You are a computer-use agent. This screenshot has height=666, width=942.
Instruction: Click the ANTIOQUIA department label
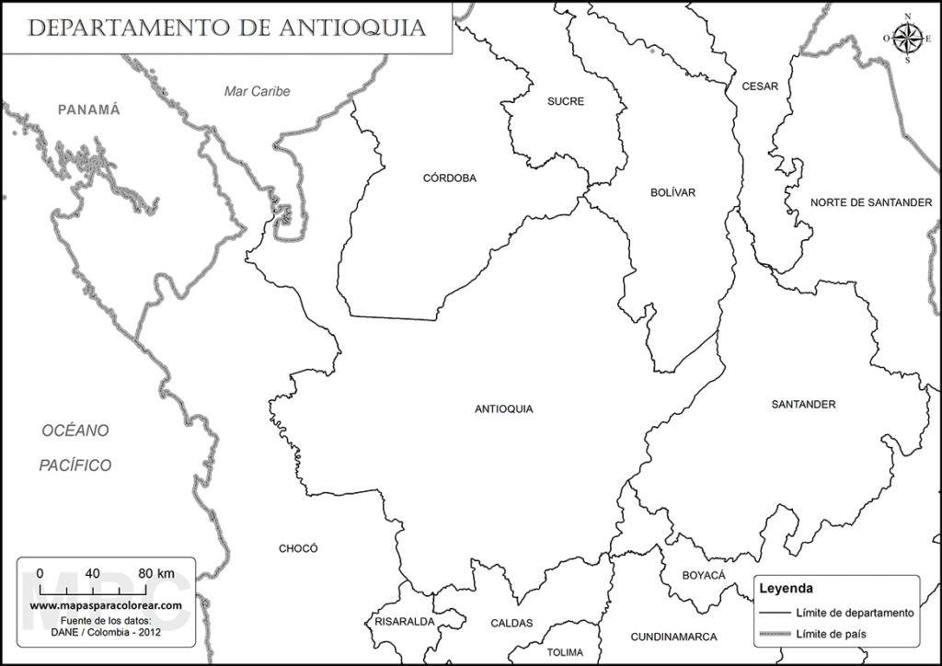[503, 409]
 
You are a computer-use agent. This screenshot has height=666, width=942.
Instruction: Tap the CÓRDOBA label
[450, 178]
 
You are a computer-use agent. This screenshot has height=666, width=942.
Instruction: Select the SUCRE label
[566, 101]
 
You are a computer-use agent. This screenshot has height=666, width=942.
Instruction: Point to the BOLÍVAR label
[672, 192]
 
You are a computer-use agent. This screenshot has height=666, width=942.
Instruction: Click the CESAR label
[760, 86]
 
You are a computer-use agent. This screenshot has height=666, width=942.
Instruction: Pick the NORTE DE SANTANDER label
[871, 201]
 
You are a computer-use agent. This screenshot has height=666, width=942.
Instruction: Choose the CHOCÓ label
[298, 548]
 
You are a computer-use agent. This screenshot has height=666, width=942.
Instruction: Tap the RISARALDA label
[405, 622]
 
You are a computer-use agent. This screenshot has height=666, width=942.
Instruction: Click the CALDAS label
[511, 623]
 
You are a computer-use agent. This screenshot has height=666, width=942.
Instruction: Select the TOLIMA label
[565, 652]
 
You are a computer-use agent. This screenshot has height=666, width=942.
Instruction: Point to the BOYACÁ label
[704, 575]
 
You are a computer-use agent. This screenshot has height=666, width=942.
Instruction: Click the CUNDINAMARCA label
[673, 637]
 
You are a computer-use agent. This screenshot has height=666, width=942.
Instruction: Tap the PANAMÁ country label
[89, 109]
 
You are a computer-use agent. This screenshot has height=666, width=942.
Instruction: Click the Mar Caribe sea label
[258, 91]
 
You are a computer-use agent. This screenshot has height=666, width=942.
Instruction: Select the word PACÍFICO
[75, 465]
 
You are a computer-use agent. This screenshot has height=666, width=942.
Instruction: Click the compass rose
[907, 38]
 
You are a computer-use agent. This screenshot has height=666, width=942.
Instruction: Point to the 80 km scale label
[155, 573]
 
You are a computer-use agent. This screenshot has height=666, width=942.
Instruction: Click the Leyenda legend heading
[785, 588]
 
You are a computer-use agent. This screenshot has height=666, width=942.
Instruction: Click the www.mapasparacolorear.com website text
[106, 606]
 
